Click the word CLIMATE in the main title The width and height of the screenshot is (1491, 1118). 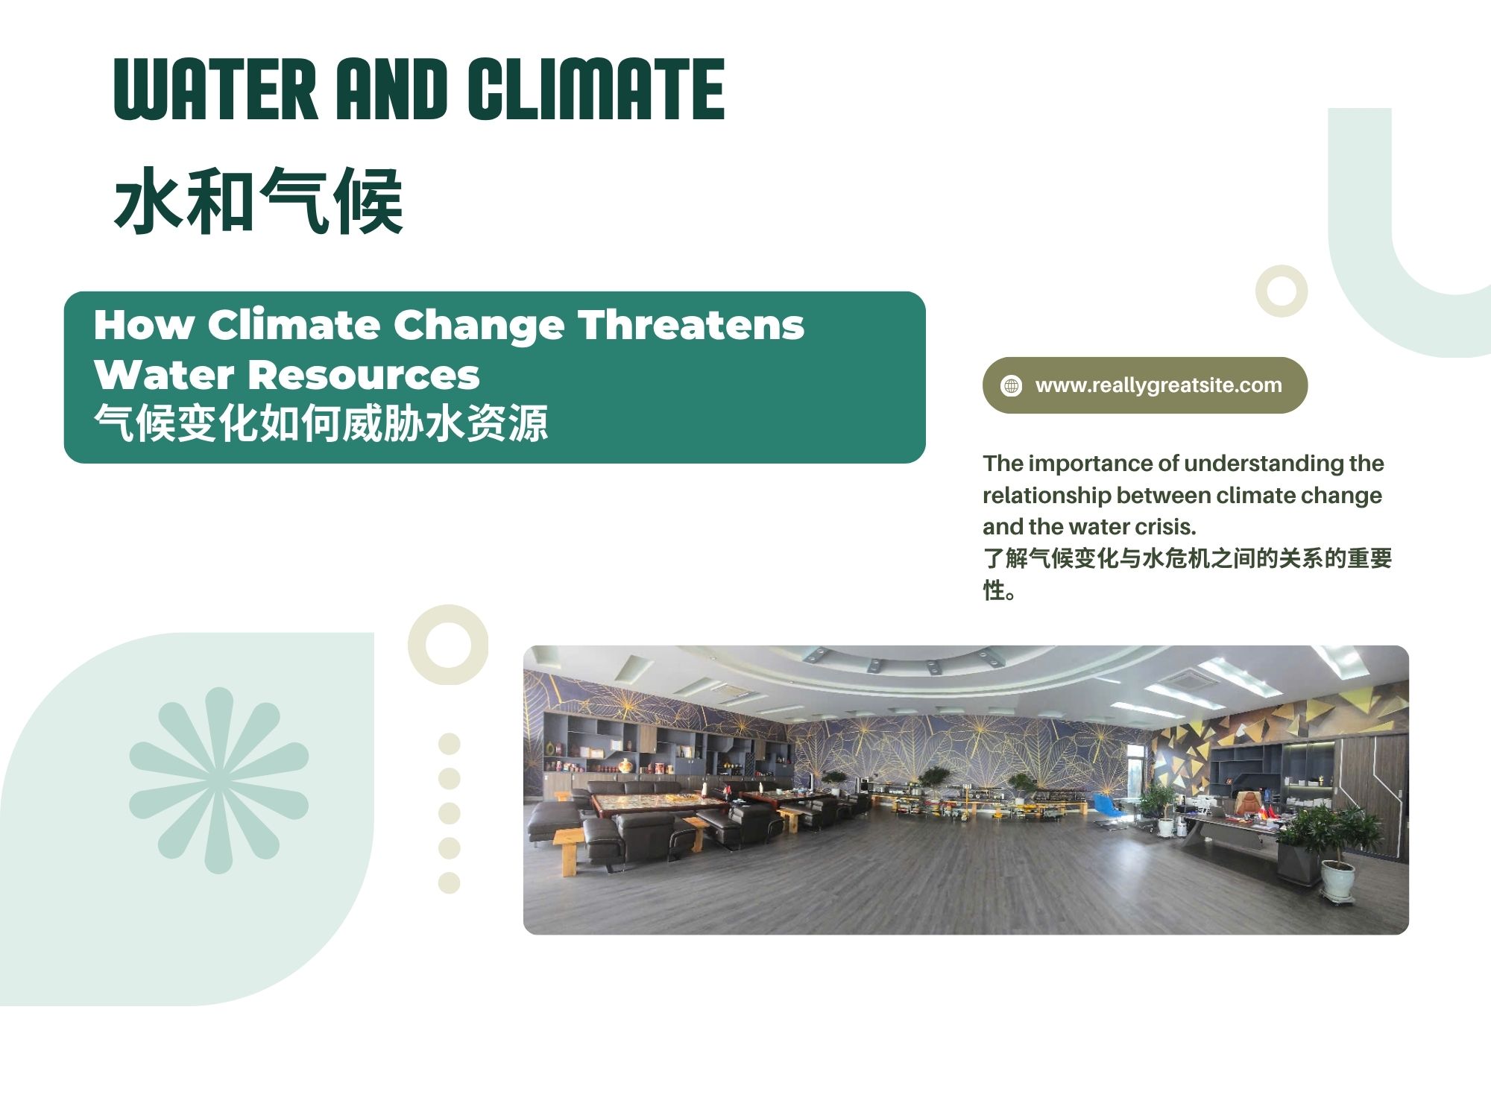coord(596,89)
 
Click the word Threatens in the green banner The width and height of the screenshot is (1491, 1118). coord(692,326)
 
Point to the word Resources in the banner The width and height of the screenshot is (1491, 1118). coord(363,375)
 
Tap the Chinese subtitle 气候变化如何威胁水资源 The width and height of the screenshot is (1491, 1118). coord(321,423)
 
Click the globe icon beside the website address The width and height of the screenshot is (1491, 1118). coord(1012,385)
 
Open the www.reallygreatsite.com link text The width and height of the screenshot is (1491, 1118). coord(1159,385)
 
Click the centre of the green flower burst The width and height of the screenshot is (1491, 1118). coord(218,780)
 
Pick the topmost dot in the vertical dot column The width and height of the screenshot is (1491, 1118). coord(450,744)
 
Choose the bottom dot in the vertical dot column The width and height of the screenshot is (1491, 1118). coord(450,882)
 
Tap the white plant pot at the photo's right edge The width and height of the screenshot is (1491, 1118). coord(1338,880)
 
